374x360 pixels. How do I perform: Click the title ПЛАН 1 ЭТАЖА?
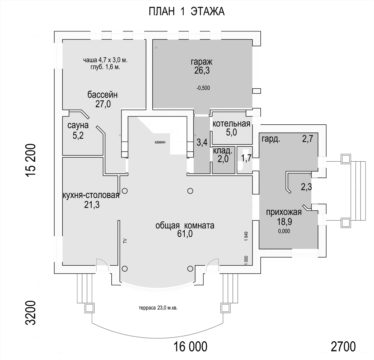pos(187,11)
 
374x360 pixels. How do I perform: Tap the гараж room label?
pos(201,62)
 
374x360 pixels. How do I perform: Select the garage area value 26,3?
pos(202,71)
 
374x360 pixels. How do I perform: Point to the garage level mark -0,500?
pos(203,88)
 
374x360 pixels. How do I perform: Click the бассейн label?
pos(103,95)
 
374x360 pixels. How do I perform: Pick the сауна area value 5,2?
pos(78,136)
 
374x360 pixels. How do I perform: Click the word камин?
pos(160,142)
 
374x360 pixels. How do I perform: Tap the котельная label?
pos(231,124)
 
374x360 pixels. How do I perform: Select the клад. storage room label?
pos(223,151)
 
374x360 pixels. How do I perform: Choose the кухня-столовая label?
pos(91,195)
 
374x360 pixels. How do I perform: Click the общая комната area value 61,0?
pos(185,234)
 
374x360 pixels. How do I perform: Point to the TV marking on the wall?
pos(125,241)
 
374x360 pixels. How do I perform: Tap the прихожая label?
pos(284,212)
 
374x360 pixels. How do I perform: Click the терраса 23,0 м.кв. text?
pos(158,308)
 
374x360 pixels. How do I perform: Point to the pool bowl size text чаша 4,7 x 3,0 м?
pos(105,60)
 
